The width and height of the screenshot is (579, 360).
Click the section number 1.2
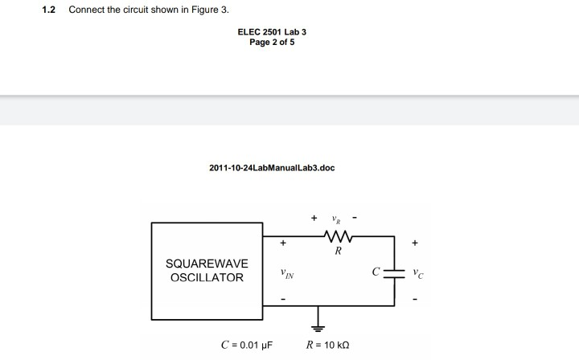point(47,10)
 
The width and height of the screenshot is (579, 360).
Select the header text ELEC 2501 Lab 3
point(272,32)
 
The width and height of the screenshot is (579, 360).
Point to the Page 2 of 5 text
point(272,42)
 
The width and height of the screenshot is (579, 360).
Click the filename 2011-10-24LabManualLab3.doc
point(272,168)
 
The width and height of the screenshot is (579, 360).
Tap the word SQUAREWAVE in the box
point(207,264)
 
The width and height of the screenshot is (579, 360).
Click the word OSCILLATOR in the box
point(207,278)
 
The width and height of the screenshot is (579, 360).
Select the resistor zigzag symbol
point(338,236)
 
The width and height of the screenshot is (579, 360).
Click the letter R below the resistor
point(338,251)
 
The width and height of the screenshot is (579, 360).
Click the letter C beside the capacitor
point(376,272)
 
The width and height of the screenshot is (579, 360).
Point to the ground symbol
point(318,327)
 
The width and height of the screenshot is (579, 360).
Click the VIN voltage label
point(287,274)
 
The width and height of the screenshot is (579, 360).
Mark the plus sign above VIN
point(282,242)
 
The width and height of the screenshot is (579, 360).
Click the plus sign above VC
point(415,242)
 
